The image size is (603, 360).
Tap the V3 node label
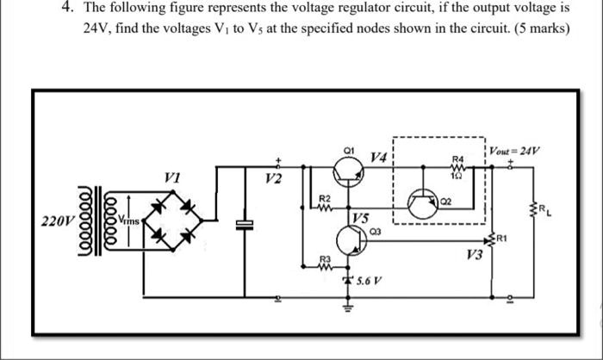coord(473,254)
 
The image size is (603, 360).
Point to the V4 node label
coord(377,157)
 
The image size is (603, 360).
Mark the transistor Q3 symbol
coord(351,242)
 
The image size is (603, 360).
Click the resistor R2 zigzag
coord(325,207)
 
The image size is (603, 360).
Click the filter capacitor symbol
coord(246,223)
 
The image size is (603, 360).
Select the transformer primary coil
coord(89,221)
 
